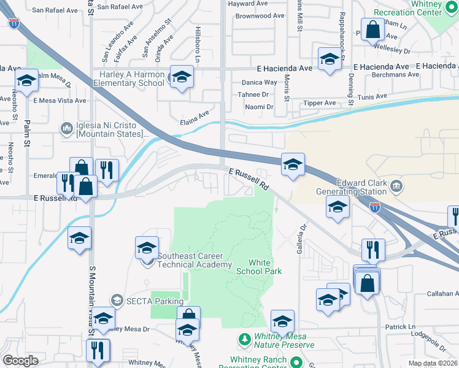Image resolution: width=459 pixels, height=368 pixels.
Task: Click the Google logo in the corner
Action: [20, 361]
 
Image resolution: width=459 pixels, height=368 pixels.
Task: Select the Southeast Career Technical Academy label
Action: [195, 261]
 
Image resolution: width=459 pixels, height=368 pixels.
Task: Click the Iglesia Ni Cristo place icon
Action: [66, 128]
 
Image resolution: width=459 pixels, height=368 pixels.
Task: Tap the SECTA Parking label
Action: [155, 301]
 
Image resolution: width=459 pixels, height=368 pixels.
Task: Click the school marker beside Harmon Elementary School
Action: [182, 77]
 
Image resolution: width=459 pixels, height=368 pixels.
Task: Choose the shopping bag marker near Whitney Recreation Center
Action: [372, 29]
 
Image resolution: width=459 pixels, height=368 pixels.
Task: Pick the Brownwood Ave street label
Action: [260, 16]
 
